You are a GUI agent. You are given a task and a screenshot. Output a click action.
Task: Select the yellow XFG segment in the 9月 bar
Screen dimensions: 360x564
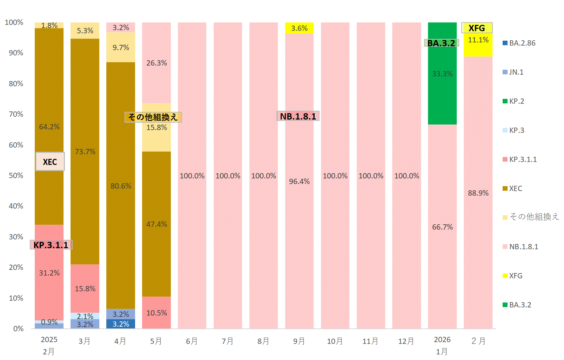299,28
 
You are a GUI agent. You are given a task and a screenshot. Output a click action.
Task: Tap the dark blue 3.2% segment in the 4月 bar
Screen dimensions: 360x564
121,324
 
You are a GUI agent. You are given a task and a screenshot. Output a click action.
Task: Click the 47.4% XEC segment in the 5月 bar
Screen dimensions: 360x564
156,224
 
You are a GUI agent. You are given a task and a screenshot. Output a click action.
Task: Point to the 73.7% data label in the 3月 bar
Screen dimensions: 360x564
85,151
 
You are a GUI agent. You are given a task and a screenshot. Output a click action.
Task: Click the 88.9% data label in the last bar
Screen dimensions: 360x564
478,193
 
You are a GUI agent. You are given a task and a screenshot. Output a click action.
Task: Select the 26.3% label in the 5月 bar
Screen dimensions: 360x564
156,63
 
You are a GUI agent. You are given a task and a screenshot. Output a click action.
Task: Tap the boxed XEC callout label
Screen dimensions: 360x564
50,162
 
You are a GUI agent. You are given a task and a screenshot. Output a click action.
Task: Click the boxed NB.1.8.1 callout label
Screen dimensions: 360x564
298,116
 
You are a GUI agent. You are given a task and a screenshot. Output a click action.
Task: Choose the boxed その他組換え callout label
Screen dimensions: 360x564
153,117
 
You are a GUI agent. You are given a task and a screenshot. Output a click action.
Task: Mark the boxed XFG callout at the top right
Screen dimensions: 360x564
477,28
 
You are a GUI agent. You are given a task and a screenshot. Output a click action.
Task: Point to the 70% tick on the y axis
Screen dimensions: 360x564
16,114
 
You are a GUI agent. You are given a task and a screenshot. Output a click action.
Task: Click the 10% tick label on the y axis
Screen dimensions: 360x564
16,298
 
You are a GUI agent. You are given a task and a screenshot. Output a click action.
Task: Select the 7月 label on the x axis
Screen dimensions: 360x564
228,341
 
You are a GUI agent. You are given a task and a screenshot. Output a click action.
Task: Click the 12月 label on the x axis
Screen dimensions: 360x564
406,341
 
